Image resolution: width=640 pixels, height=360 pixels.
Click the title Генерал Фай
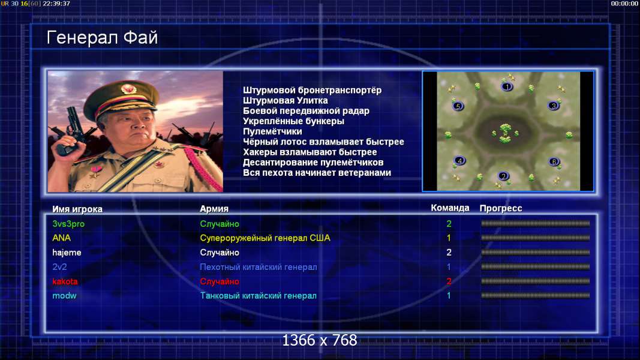coord(102,38)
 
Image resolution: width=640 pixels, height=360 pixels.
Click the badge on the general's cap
coord(128,89)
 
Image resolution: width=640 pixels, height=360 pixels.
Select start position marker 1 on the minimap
coord(507,86)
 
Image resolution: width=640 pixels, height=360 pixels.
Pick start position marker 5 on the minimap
coord(458,107)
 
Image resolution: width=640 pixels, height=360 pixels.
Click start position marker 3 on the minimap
coord(554,106)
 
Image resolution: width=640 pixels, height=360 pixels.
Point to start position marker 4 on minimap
coord(459,161)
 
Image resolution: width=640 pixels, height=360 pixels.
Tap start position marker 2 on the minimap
coord(504,176)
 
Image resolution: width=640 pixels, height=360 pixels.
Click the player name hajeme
coord(67,253)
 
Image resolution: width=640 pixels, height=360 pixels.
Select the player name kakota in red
coord(65,281)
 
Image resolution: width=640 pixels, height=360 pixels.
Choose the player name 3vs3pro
coord(68,224)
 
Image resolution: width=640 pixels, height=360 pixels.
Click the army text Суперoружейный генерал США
coord(265,238)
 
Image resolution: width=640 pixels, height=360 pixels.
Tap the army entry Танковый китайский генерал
coord(258,296)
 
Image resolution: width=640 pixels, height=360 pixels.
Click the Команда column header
coord(450,208)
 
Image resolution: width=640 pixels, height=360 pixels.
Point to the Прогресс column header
coord(501,209)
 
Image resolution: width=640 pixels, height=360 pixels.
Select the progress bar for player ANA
coord(535,238)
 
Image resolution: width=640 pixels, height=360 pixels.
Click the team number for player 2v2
coord(449,267)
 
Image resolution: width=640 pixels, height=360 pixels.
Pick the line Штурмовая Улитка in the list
coord(286,101)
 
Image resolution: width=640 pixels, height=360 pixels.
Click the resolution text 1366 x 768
coord(320,340)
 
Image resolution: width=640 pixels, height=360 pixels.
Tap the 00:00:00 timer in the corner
coord(624,4)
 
